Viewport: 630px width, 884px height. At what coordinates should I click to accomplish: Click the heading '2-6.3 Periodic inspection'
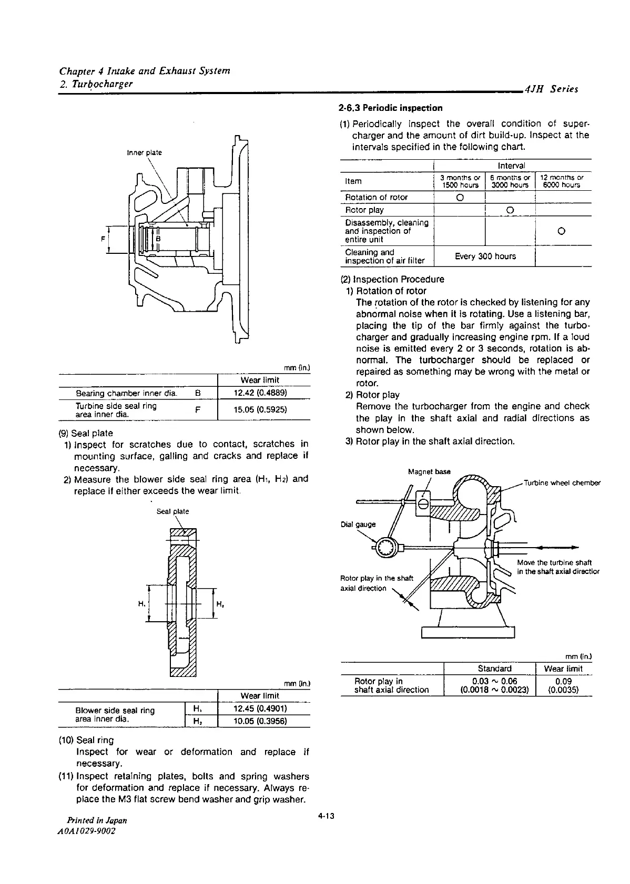[x=391, y=108]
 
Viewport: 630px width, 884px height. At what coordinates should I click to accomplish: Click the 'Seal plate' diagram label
[x=173, y=511]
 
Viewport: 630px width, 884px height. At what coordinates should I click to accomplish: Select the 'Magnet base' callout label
[x=429, y=471]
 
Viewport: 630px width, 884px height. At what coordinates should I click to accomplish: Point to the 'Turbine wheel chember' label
[x=562, y=483]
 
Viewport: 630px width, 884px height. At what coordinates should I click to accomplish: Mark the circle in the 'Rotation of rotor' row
[x=459, y=198]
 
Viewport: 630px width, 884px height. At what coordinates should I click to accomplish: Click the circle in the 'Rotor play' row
[x=509, y=211]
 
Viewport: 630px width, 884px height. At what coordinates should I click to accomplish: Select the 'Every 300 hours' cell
[x=484, y=256]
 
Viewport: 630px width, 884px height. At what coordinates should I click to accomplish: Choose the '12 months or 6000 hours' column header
[x=562, y=181]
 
